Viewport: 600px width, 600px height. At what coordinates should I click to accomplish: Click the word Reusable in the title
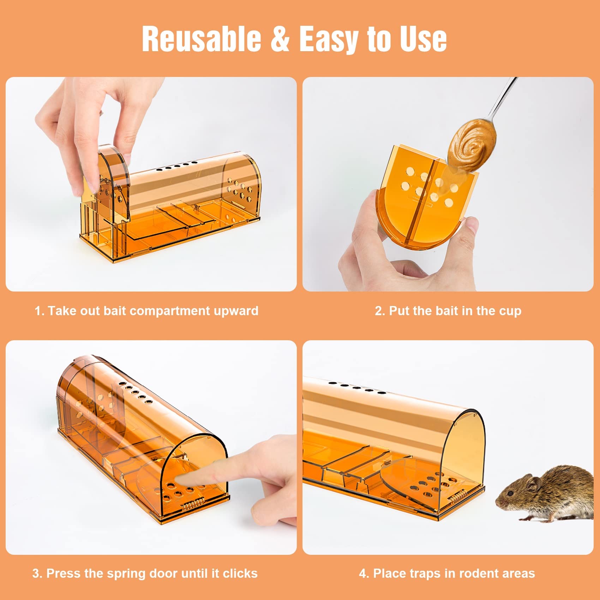pyautogui.click(x=201, y=38)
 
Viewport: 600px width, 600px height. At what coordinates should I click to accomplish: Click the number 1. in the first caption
pyautogui.click(x=39, y=311)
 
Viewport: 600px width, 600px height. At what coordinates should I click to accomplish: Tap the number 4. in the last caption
pyautogui.click(x=364, y=574)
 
